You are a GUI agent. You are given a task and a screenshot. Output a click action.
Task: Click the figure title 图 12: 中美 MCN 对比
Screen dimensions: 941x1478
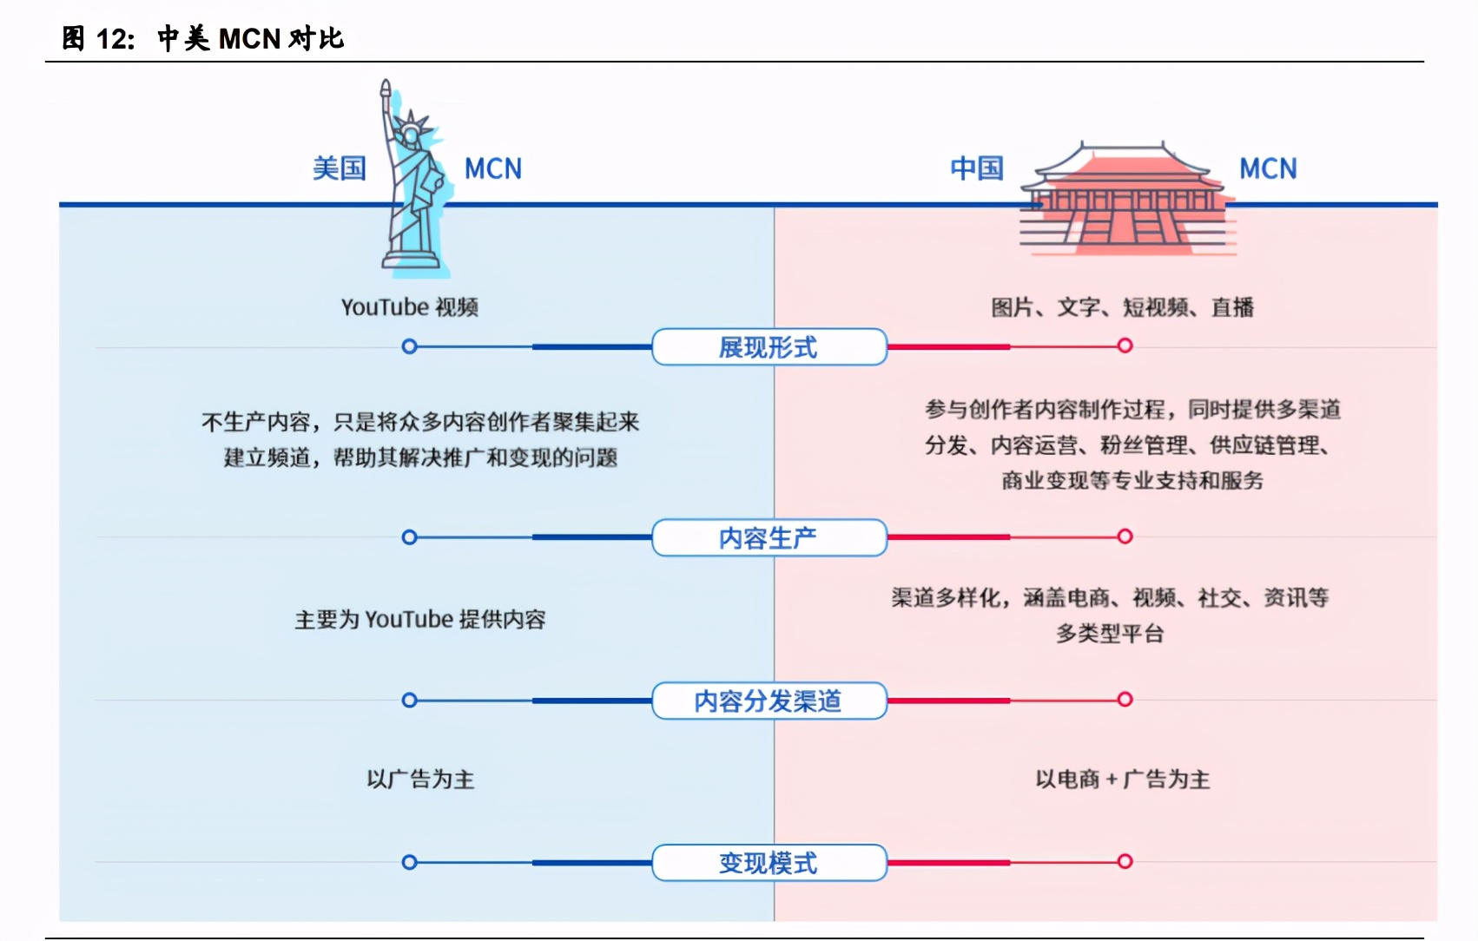click(203, 38)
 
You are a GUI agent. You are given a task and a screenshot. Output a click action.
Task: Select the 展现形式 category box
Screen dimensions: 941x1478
click(769, 347)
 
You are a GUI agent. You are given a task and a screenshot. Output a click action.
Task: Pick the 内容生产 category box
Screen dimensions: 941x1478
click(769, 537)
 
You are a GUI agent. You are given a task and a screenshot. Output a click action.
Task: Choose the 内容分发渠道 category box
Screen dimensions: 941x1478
click(769, 701)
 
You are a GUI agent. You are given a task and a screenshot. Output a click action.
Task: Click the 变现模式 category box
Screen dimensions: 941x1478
click(769, 863)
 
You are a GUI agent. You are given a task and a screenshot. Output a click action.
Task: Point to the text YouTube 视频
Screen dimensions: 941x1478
click(410, 307)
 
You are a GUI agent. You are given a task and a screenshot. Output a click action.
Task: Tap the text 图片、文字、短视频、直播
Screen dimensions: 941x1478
click(1123, 307)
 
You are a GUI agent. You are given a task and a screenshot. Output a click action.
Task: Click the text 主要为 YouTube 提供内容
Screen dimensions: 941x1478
click(420, 620)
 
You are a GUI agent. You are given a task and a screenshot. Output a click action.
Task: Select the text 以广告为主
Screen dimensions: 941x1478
click(420, 780)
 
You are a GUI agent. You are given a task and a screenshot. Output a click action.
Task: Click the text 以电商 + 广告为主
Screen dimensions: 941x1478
click(1123, 780)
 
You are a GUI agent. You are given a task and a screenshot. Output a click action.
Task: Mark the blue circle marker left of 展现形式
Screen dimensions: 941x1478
click(410, 347)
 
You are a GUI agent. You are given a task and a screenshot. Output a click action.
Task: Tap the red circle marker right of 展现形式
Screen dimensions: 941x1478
click(1125, 345)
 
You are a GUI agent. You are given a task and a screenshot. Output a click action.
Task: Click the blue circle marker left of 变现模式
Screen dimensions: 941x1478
click(410, 862)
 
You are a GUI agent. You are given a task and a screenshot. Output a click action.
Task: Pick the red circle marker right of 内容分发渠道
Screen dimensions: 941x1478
click(1125, 699)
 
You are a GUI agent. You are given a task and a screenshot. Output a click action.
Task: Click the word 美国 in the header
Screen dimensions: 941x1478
click(340, 168)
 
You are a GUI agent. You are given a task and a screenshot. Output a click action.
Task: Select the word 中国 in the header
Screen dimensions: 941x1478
click(977, 168)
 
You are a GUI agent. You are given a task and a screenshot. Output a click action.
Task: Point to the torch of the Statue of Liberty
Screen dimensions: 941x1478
click(386, 91)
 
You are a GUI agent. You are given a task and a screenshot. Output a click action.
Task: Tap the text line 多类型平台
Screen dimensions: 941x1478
click(1110, 634)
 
